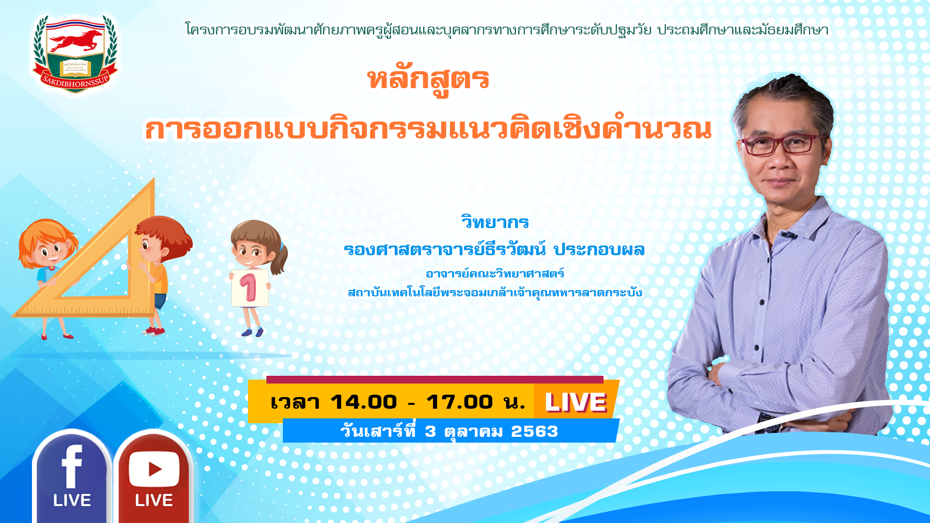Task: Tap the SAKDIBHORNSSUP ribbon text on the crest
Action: click(x=75, y=82)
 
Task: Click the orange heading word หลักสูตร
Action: click(x=428, y=80)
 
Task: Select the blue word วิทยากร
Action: click(x=495, y=222)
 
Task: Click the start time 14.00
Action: click(x=364, y=402)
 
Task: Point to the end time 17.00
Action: click(x=460, y=402)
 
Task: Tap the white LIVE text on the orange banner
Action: click(x=575, y=402)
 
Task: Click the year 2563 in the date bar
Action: click(x=534, y=431)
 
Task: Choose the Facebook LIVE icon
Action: click(x=72, y=477)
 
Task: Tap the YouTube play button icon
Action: click(x=154, y=469)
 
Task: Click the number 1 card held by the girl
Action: click(x=249, y=288)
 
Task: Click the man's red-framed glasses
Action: click(x=779, y=144)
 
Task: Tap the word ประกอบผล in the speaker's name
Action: click(x=599, y=249)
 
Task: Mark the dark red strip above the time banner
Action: click(x=435, y=380)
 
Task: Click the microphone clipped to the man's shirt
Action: click(x=788, y=236)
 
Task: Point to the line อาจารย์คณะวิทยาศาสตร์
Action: click(x=495, y=274)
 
